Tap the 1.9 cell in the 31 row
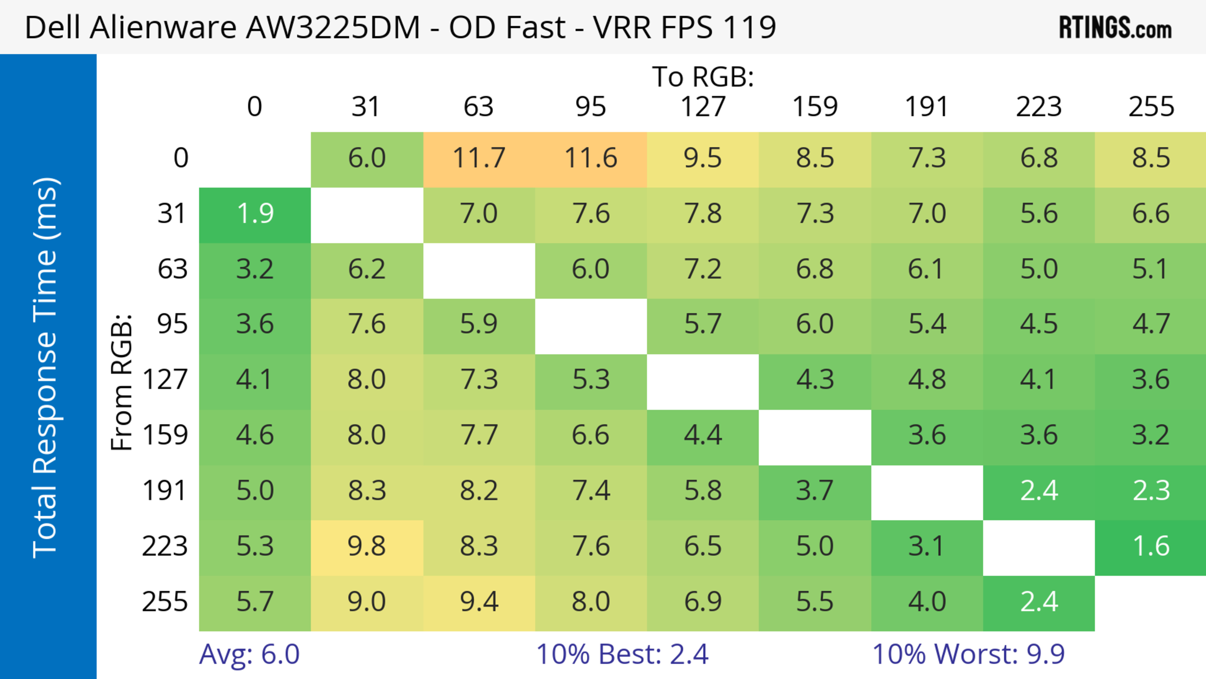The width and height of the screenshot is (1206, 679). tap(255, 214)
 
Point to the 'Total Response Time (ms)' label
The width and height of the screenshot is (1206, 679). tap(46, 368)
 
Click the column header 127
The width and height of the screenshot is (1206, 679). tap(703, 107)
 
